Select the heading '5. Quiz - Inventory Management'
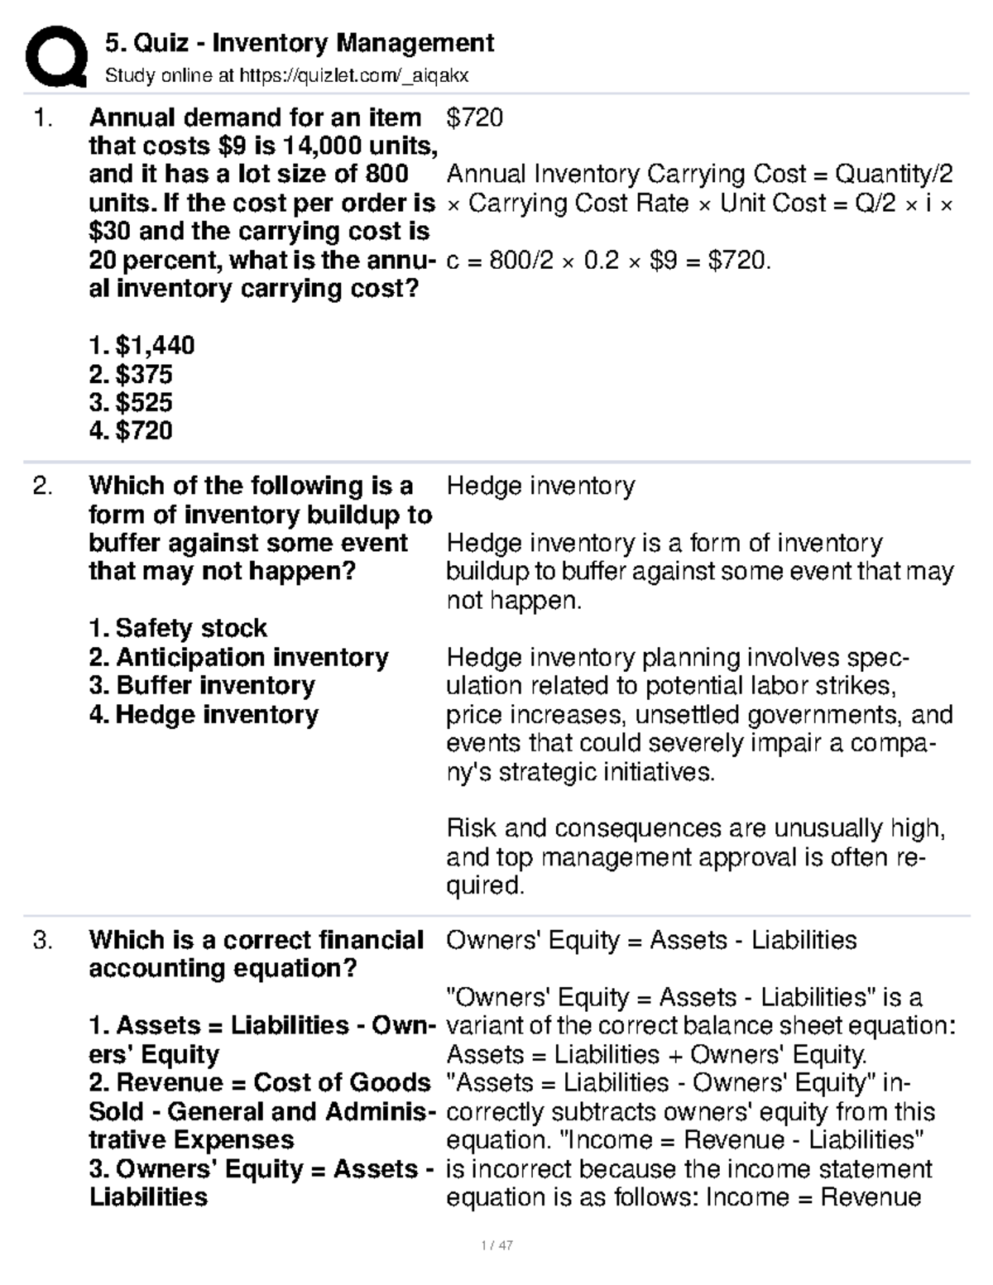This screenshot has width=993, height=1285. click(300, 43)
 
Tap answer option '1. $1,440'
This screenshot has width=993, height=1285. click(142, 345)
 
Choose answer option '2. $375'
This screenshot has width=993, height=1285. click(131, 374)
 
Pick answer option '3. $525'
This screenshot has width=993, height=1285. click(131, 402)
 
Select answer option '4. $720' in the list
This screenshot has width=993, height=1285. click(131, 430)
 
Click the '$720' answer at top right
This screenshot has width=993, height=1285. click(475, 117)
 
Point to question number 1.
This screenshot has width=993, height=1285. click(43, 117)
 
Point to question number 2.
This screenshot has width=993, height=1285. click(43, 486)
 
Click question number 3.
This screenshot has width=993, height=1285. click(43, 940)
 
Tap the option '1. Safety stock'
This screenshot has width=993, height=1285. click(178, 628)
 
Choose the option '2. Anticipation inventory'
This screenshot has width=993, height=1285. click(238, 657)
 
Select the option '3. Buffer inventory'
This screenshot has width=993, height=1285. click(202, 685)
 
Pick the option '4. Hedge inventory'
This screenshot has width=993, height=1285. click(204, 714)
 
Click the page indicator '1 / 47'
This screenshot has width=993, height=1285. click(496, 1245)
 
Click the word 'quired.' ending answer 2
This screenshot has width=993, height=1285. click(486, 885)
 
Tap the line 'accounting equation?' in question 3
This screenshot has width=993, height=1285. click(223, 968)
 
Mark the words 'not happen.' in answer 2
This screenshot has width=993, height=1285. click(514, 600)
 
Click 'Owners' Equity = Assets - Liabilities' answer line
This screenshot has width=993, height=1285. click(651, 940)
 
